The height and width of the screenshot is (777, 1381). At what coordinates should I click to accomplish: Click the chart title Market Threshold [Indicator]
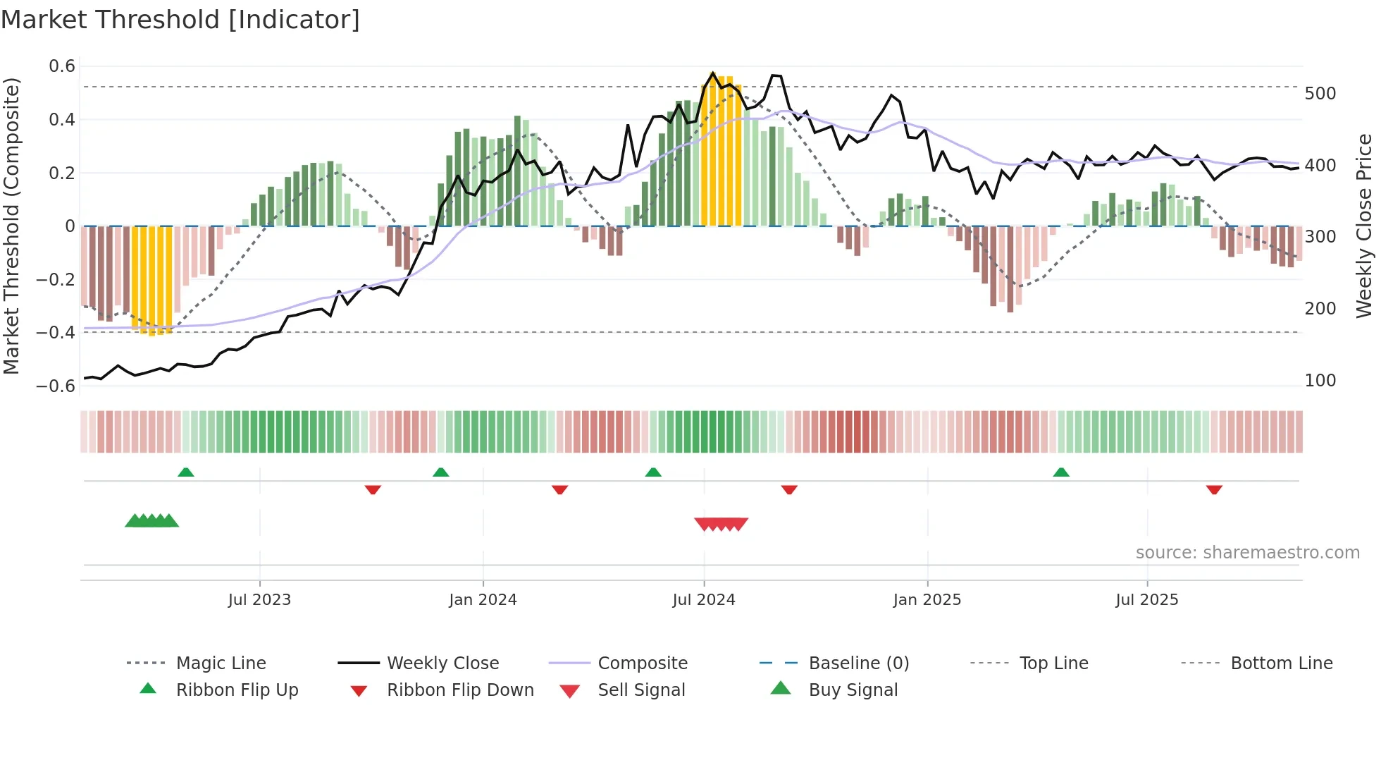click(180, 20)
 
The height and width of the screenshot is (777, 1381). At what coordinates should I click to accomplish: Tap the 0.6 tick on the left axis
click(62, 66)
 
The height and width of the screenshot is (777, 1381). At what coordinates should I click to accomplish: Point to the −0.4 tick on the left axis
click(56, 332)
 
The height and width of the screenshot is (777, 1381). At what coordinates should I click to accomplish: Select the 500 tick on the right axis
click(1320, 94)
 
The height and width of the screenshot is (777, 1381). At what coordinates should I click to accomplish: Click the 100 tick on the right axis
click(1320, 381)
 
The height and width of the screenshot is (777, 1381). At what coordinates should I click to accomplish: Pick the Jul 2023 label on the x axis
click(259, 600)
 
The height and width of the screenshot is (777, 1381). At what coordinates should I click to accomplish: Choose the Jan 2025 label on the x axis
click(927, 600)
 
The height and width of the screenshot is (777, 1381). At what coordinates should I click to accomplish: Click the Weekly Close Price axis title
click(1364, 226)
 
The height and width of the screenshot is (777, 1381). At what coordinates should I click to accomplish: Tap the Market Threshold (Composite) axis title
click(11, 226)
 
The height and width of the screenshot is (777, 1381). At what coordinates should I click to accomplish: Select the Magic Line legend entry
click(221, 663)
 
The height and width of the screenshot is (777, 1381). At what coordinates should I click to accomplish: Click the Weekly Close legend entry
click(442, 663)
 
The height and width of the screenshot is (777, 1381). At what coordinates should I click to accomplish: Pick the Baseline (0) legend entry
click(858, 663)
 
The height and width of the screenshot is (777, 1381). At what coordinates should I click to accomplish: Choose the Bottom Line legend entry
click(1281, 663)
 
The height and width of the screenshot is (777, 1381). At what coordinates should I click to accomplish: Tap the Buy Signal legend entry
click(853, 690)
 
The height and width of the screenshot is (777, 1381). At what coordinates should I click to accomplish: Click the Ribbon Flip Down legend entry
click(459, 690)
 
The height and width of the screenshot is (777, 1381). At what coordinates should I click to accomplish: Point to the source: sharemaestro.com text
click(1247, 553)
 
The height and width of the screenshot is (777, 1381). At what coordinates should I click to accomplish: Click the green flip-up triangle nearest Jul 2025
click(1061, 472)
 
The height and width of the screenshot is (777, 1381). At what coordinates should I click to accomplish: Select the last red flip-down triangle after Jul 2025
click(1214, 489)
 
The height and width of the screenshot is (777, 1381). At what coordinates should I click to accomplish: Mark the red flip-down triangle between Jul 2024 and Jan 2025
click(789, 489)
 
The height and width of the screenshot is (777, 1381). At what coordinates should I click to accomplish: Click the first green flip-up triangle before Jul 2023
click(186, 472)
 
